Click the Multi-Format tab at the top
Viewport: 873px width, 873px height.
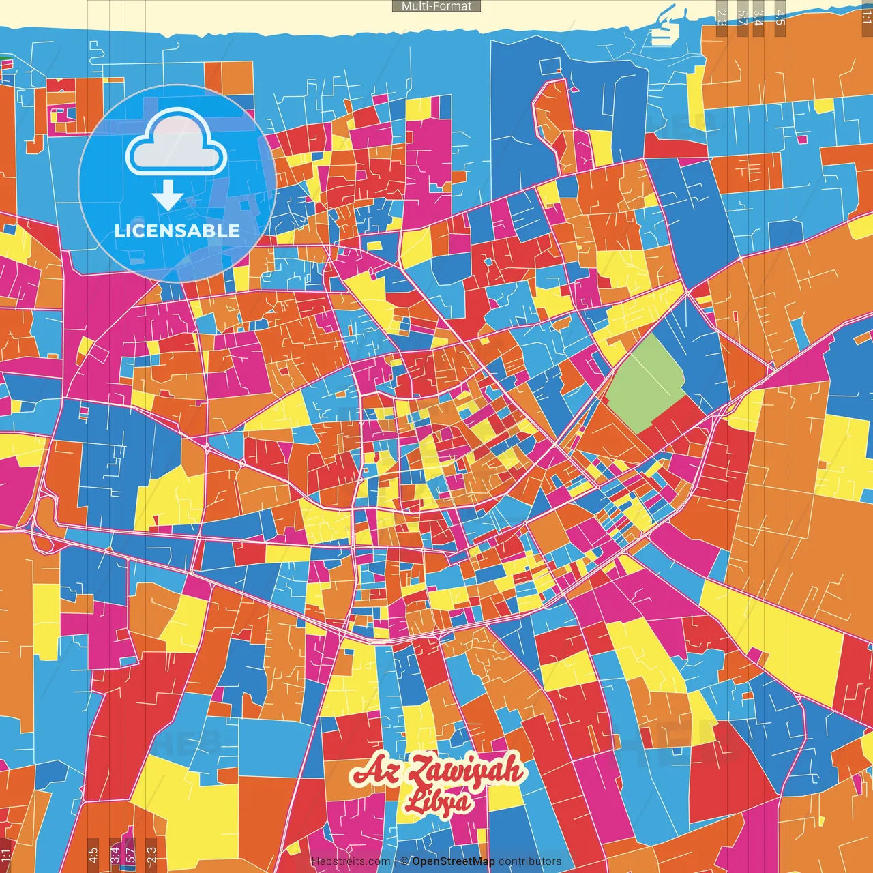pos(436,6)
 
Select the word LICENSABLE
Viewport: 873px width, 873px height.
pos(177,231)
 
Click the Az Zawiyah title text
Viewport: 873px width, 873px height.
pos(437,771)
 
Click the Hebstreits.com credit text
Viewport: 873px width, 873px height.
pos(351,861)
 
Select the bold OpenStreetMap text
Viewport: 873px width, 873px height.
pos(454,861)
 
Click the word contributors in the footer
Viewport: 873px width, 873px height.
pos(530,861)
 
